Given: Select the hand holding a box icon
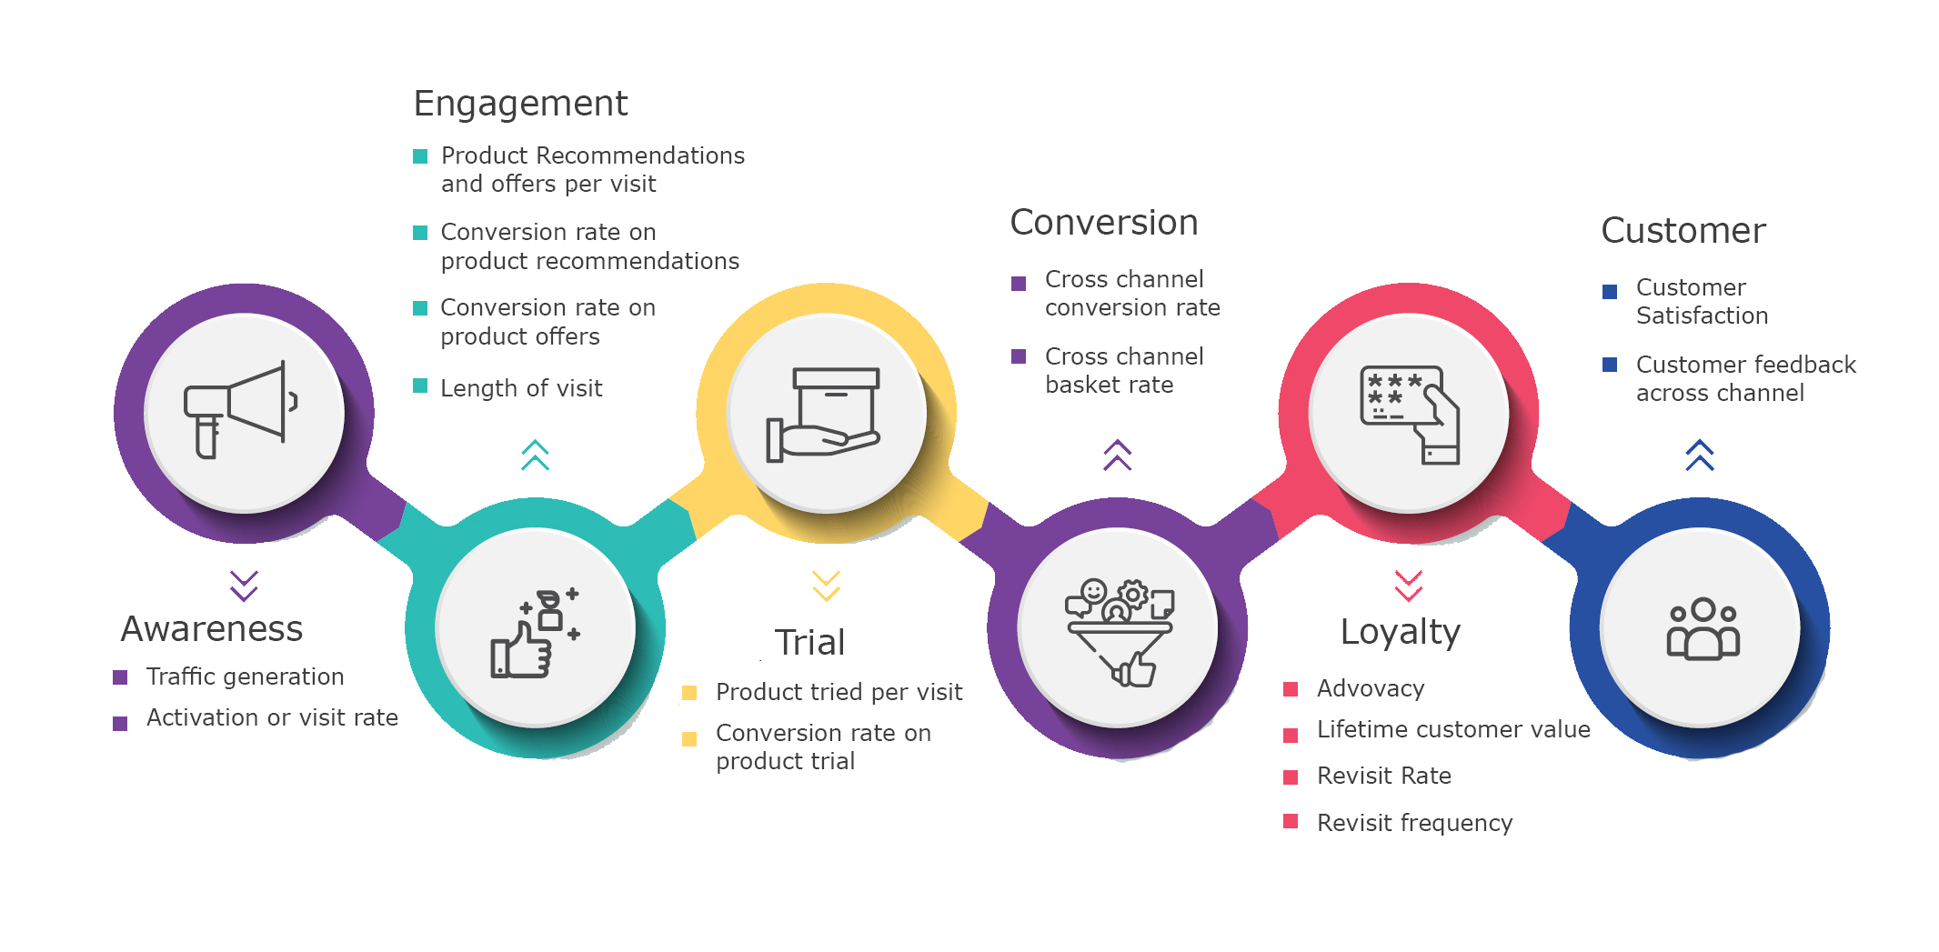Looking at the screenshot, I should point(824,415).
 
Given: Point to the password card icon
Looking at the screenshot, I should point(1409,415).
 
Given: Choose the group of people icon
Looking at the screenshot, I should point(1703,628).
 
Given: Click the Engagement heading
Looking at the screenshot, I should point(520,104).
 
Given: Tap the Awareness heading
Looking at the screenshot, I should point(212,628).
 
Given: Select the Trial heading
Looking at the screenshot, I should point(809,642).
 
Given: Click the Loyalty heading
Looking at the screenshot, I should point(1400,631).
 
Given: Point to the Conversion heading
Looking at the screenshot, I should point(1104,223).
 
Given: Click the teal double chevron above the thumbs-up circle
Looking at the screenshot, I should point(535,455).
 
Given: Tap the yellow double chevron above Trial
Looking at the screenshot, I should point(826,586).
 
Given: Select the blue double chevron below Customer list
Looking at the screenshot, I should point(1699,455).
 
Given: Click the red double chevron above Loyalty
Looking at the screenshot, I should point(1408,586).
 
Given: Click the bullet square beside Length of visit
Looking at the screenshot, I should point(420,386).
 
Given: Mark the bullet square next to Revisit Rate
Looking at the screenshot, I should point(1291,777).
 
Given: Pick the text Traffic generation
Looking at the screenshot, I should point(245,676).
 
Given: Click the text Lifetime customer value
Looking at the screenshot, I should point(1453,729).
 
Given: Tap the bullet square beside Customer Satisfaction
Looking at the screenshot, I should point(1610,292).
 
